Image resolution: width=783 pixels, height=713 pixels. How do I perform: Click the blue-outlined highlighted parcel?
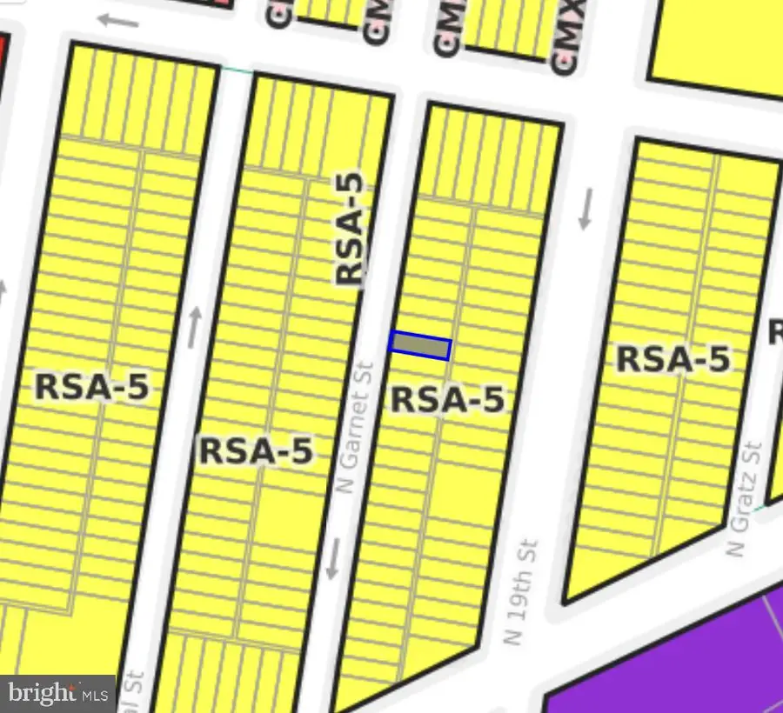(420, 345)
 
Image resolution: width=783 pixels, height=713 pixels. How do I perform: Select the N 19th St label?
(521, 591)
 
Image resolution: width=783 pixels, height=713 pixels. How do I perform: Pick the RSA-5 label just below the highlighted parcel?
(447, 400)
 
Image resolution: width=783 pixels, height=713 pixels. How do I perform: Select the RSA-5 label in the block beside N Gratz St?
(673, 358)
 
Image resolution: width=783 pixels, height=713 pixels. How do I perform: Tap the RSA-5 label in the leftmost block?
(91, 386)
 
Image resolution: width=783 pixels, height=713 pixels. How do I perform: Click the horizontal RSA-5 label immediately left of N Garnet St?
(255, 451)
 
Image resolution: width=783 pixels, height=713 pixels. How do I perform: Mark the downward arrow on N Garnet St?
(333, 559)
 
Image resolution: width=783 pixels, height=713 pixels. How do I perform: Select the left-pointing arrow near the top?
(118, 20)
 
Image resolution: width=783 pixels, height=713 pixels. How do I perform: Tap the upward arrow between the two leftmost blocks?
(193, 327)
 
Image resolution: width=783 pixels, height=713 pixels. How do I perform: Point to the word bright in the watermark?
(41, 693)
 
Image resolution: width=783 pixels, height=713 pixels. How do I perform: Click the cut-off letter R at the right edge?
(775, 331)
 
